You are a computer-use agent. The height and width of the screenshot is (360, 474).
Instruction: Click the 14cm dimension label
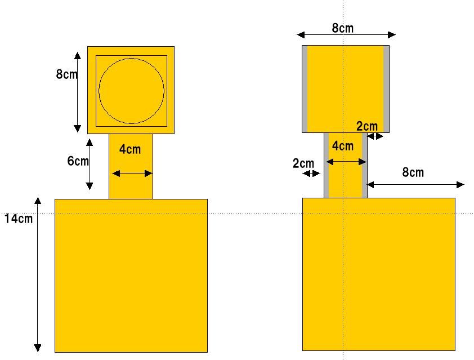pos(19,219)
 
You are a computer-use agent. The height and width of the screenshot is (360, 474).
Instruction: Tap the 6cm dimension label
pos(78,161)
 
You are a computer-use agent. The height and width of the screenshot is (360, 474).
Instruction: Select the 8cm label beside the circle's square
pos(66,74)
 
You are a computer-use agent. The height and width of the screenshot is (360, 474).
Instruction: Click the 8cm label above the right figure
pos(342,28)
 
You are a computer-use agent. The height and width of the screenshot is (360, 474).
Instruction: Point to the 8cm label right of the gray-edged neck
pos(413,172)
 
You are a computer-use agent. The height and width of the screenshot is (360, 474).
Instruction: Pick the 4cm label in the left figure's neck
pos(130,149)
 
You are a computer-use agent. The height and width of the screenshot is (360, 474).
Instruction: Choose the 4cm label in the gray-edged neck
pos(343,146)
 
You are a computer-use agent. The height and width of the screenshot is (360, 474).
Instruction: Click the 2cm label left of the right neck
pos(303,164)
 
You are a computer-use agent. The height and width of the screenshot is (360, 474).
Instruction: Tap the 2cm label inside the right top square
pos(367,126)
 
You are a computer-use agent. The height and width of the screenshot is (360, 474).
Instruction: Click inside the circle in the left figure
pos(132,91)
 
